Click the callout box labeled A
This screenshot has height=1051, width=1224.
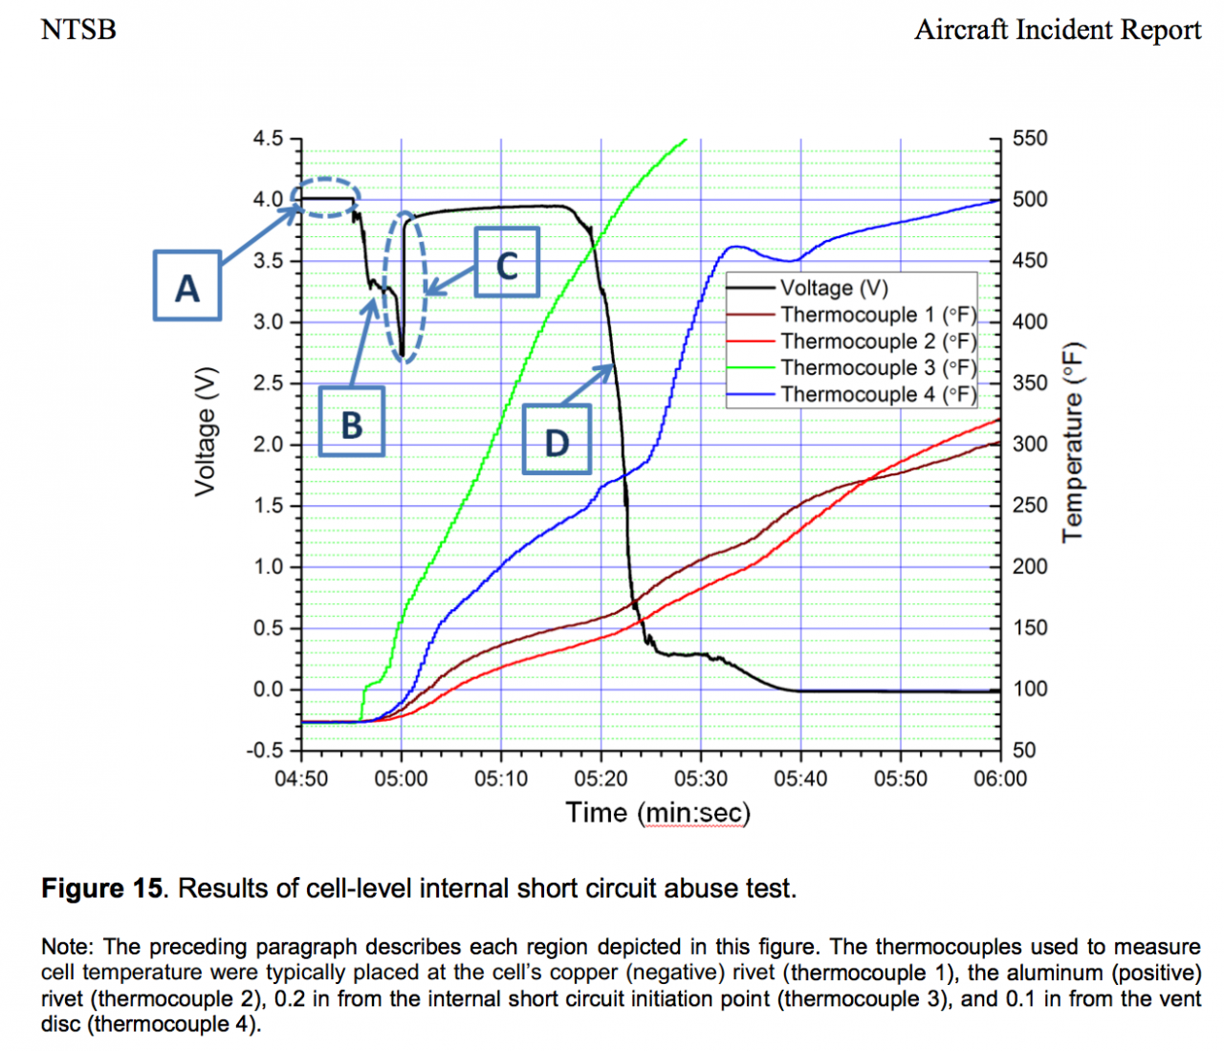(x=187, y=285)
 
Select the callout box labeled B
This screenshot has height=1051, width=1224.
(x=351, y=421)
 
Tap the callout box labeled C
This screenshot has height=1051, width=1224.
(x=507, y=262)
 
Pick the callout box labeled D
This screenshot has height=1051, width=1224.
(x=557, y=440)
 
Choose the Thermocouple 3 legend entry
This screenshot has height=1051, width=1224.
(x=878, y=368)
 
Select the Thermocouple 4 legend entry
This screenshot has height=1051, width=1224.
(x=878, y=394)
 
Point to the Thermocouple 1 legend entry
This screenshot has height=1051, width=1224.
(x=878, y=315)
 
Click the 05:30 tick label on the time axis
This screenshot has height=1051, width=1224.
(x=701, y=778)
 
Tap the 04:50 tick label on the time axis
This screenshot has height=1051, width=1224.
(x=301, y=778)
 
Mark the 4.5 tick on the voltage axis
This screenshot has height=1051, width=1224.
(x=268, y=139)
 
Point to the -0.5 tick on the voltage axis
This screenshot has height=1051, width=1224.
(x=265, y=750)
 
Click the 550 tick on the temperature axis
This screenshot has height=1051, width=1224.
(x=1030, y=139)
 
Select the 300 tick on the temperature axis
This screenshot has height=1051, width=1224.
(x=1030, y=445)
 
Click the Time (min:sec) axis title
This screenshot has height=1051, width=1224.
(x=658, y=813)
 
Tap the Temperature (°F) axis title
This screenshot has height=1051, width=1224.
(x=1074, y=442)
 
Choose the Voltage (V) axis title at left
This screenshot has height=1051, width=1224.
(x=205, y=432)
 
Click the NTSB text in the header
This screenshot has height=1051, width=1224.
(x=78, y=30)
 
